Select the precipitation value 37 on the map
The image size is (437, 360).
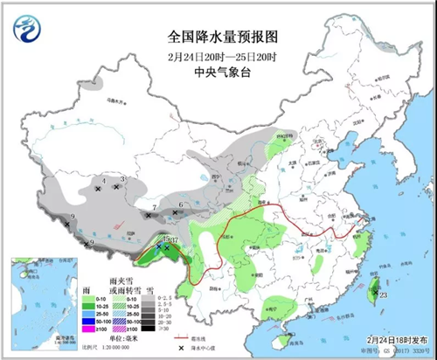175,240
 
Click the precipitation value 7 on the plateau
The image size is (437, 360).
154,207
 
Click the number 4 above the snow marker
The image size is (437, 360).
104,180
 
